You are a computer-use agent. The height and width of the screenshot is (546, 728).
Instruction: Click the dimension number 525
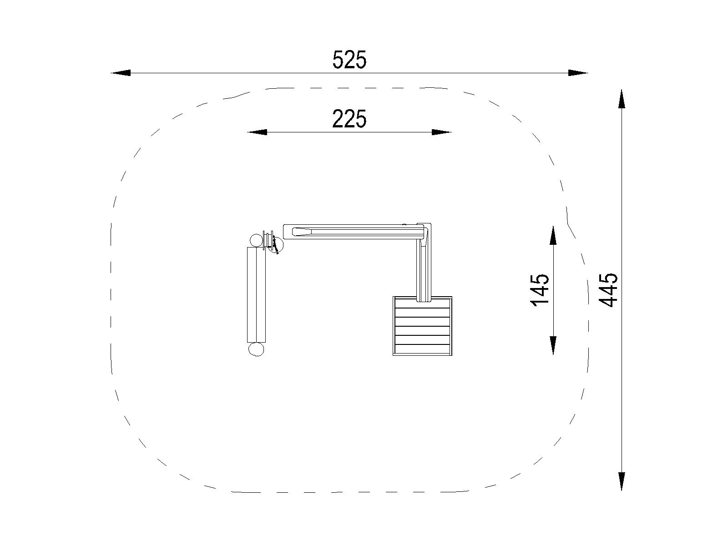coord(349,60)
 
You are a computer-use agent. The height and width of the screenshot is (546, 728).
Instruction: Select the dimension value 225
coord(349,119)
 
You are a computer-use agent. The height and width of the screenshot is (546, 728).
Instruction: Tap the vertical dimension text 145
coord(540,290)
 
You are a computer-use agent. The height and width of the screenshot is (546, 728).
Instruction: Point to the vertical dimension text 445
coord(609,290)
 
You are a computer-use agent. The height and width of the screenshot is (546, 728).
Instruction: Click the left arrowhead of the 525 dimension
coord(121,73)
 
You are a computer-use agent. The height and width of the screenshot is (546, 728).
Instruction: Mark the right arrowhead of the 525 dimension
coord(578,73)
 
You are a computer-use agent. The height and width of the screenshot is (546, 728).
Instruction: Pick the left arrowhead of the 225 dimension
coord(257,132)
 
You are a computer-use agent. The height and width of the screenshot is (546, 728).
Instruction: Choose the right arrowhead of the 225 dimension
coord(441,132)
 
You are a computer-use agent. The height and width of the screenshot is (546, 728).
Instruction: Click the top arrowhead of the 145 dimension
coord(553,236)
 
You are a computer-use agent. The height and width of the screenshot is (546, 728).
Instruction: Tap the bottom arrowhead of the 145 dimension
coord(553,345)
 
